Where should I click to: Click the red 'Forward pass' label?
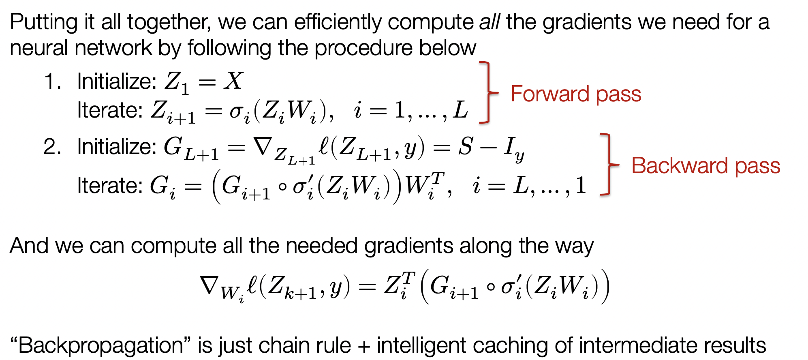(x=575, y=94)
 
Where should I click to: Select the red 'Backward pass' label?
(x=705, y=166)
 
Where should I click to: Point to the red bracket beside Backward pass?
(x=608, y=165)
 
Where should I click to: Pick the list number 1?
(x=53, y=81)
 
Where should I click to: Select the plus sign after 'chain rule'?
(x=363, y=346)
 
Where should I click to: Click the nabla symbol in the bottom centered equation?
(x=209, y=285)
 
